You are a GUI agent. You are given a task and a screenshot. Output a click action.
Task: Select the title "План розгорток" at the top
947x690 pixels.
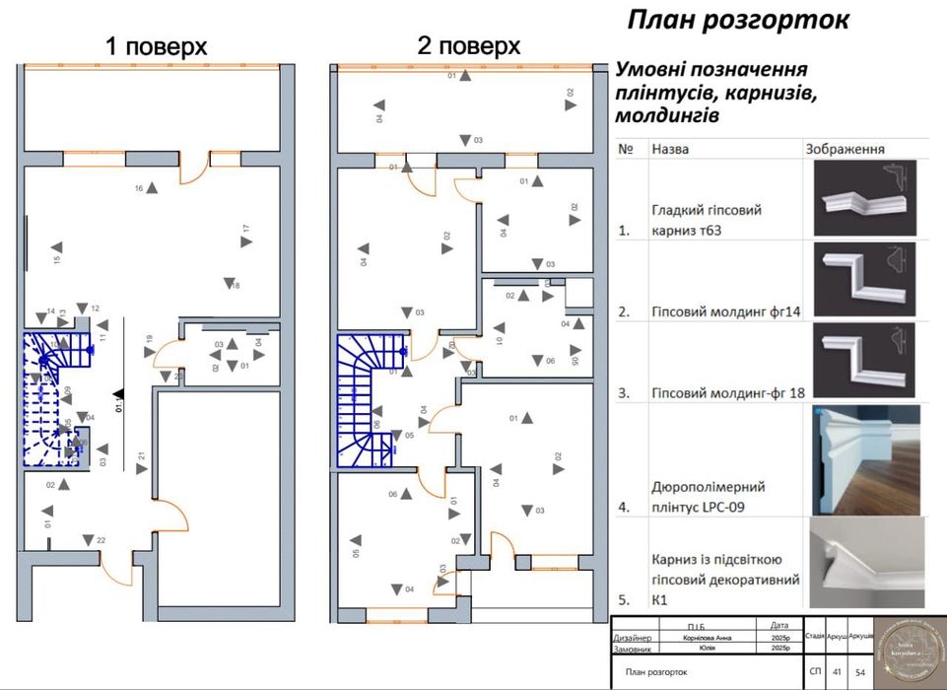(x=737, y=21)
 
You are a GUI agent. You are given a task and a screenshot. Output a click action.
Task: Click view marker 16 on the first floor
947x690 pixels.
(x=151, y=189)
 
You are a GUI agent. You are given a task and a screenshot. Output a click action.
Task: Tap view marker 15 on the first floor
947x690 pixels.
(x=57, y=247)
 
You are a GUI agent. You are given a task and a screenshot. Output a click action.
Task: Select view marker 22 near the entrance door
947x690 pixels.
(x=89, y=540)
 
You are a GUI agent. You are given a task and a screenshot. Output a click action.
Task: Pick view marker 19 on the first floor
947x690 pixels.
(x=150, y=352)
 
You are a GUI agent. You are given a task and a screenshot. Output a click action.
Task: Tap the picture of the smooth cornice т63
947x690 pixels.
(x=864, y=198)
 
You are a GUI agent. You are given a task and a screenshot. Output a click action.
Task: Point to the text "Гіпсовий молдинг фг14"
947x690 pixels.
(x=725, y=311)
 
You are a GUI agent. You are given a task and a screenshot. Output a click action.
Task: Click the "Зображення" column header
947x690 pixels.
(x=845, y=149)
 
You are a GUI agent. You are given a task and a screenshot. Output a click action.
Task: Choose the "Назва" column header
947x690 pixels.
(x=670, y=149)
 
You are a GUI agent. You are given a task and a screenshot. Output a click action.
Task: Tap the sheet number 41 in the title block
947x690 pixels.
(x=836, y=671)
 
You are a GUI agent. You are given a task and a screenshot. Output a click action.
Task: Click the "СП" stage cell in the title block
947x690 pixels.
(x=814, y=671)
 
